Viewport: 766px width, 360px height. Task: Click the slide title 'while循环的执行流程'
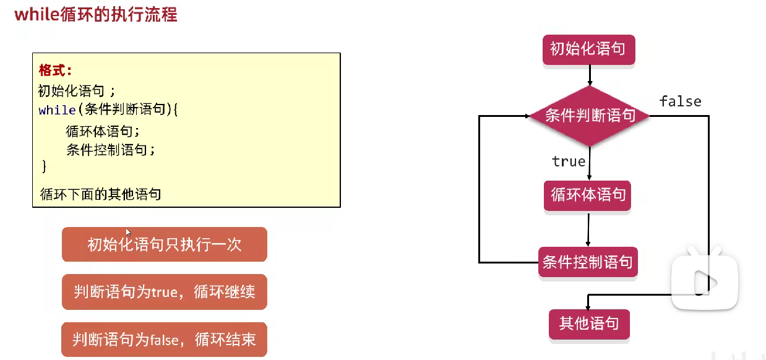(x=96, y=14)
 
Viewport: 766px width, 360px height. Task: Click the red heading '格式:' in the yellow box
(x=55, y=69)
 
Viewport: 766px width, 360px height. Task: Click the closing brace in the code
(x=43, y=166)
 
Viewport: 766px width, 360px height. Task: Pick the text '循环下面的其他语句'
(x=100, y=194)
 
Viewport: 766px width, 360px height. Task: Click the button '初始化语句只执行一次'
(x=164, y=244)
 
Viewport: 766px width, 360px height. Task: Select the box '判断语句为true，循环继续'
(x=164, y=291)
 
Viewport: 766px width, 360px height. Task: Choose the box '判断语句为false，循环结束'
(x=164, y=339)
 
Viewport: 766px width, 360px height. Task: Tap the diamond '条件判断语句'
(x=590, y=116)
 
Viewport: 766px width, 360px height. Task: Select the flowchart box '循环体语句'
(x=588, y=196)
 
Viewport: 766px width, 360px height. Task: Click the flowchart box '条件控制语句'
(x=588, y=262)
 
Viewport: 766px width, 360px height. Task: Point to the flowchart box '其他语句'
(x=588, y=324)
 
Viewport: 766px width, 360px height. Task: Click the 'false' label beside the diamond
(x=680, y=101)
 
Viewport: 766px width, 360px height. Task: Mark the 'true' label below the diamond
(x=569, y=161)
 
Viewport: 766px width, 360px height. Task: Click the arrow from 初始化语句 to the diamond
(x=590, y=75)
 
